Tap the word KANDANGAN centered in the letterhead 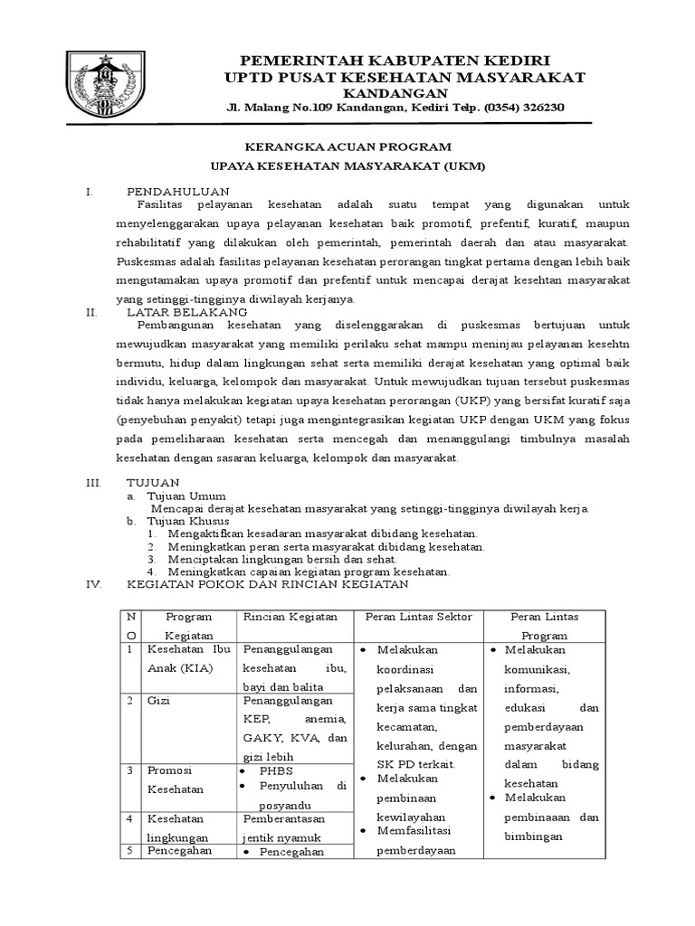(x=395, y=92)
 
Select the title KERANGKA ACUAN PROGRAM (x=349, y=146)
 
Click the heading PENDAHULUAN (x=177, y=192)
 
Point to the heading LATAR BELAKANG (x=186, y=311)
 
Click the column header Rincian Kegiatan (x=290, y=616)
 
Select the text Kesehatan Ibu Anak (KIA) (x=187, y=659)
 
